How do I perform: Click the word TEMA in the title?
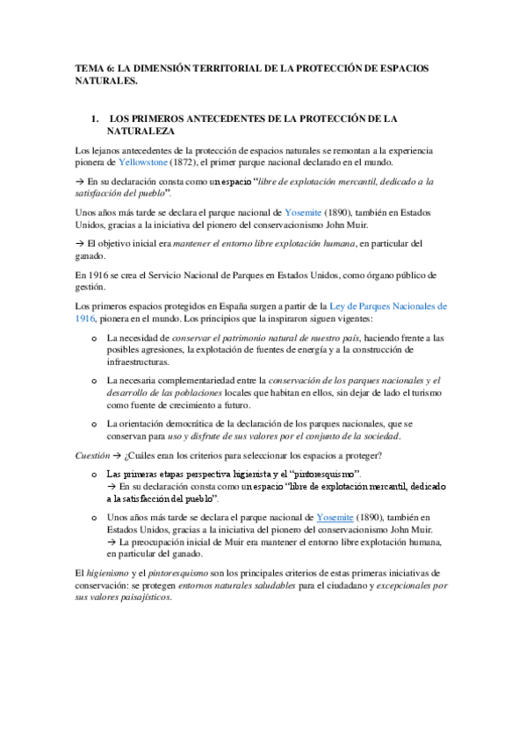(89, 68)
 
